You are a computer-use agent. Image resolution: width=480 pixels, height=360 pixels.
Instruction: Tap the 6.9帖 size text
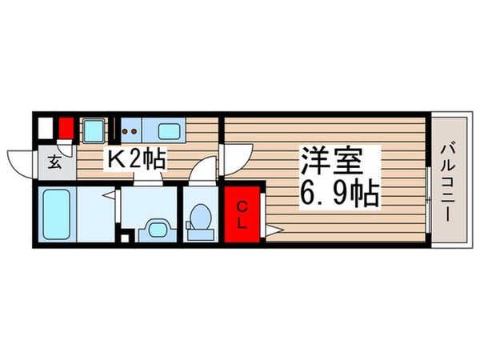pyautogui.click(x=340, y=194)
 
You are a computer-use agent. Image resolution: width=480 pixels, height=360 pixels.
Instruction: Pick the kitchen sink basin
pyautogui.click(x=170, y=129)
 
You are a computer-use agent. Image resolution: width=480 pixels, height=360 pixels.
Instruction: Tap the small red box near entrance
pyautogui.click(x=66, y=128)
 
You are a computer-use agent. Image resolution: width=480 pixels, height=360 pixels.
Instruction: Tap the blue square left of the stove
pyautogui.click(x=94, y=128)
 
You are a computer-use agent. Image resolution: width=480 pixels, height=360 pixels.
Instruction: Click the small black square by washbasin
pyautogui.click(x=123, y=236)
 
